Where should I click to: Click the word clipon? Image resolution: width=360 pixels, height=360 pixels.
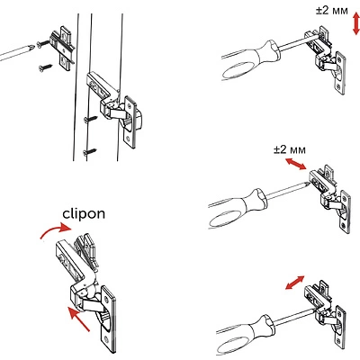tap(84, 214)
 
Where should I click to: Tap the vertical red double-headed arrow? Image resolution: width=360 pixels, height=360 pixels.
tap(355, 24)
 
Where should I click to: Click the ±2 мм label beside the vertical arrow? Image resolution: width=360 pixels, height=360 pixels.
tap(332, 11)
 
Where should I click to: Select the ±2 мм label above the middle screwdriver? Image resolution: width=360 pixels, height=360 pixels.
tap(290, 149)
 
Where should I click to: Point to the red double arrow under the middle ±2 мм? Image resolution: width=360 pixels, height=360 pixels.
tap(295, 164)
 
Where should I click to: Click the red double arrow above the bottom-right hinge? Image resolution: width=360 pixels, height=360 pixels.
tap(295, 283)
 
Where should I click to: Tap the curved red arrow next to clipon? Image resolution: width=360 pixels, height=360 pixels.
tap(57, 230)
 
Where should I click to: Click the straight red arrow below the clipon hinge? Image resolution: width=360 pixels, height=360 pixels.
tap(78, 319)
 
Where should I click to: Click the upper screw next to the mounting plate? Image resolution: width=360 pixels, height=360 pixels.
tap(42, 44)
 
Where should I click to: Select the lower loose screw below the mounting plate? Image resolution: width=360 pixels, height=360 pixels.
tap(45, 67)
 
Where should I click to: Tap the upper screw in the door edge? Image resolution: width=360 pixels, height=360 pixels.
tap(91, 119)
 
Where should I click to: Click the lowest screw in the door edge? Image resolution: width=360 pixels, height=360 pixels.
tap(89, 151)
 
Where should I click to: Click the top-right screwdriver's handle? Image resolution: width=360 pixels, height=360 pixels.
tap(251, 60)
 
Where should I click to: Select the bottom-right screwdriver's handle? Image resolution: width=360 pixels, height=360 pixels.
tap(246, 334)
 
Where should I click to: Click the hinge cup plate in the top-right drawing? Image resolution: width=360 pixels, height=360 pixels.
tap(340, 73)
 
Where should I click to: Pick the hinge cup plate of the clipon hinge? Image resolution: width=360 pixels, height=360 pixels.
tap(109, 319)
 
